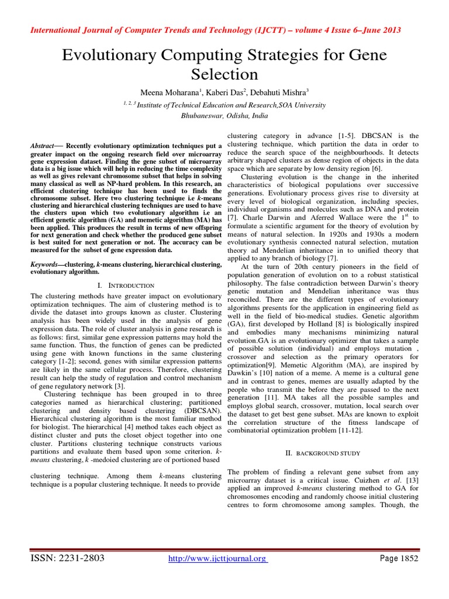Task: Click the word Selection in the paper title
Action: [x=224, y=74]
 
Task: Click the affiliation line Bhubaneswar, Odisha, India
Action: [x=224, y=116]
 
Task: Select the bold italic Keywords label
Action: [x=46, y=264]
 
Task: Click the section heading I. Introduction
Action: [x=126, y=285]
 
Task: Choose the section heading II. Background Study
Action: [x=322, y=453]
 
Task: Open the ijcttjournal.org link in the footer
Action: [x=217, y=559]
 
